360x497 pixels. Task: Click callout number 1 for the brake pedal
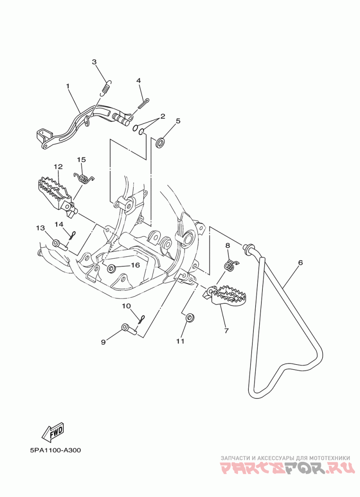(67, 86)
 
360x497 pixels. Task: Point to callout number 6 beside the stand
(301, 262)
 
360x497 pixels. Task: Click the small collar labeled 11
(189, 317)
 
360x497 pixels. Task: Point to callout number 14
(59, 224)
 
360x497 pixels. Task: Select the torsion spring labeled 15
(84, 178)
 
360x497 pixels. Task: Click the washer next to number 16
(111, 269)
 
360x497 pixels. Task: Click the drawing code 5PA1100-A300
(55, 450)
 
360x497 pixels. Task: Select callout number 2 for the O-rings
(162, 116)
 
